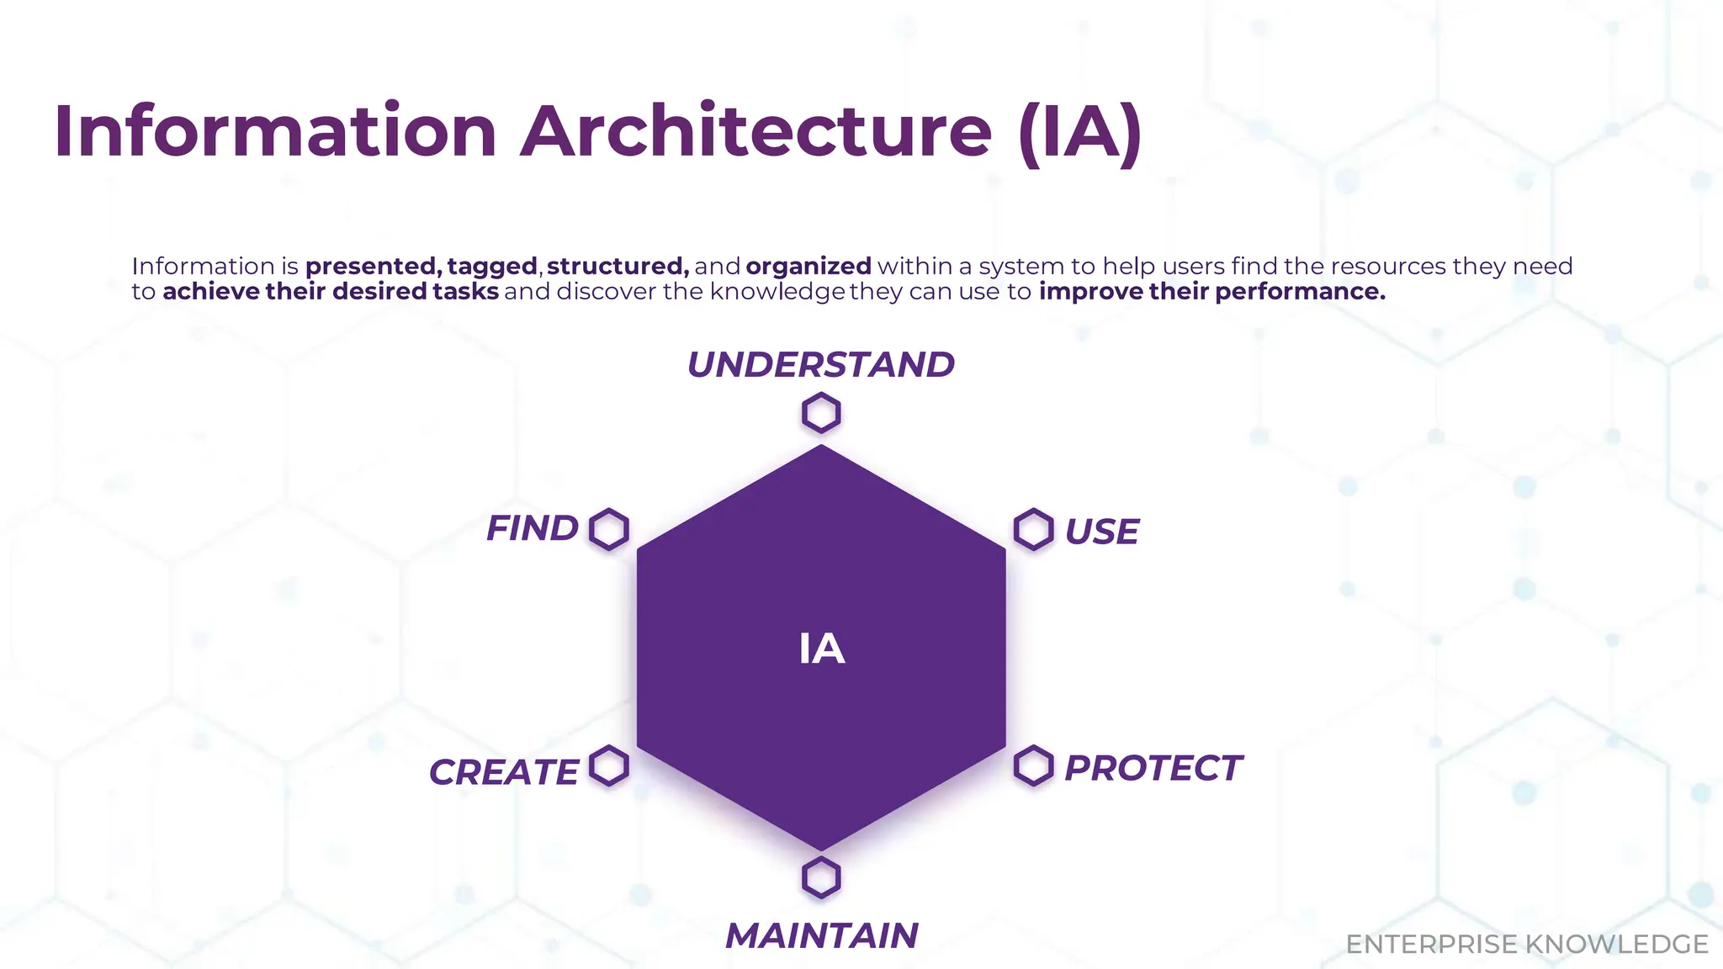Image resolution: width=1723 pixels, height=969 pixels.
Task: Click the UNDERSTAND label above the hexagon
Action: [x=820, y=365]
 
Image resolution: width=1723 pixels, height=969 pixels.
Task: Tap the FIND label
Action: [x=533, y=529]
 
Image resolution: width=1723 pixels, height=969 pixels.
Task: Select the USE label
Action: [x=1101, y=532]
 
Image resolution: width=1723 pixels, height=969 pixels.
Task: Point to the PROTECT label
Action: [x=1153, y=768]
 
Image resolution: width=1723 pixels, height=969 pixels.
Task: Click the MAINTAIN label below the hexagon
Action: [x=821, y=936]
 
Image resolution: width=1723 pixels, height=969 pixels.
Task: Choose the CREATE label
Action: [x=503, y=772]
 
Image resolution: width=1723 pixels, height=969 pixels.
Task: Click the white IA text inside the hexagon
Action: [x=821, y=649]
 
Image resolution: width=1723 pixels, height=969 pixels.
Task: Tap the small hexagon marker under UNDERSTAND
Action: [x=821, y=414]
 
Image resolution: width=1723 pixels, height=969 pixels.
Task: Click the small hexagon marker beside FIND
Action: [x=609, y=530]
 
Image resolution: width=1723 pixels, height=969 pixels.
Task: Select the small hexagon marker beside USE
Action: [x=1033, y=530]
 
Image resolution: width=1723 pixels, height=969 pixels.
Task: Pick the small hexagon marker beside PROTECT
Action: [x=1033, y=766]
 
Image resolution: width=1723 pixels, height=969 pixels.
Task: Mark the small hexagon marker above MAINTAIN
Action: [x=821, y=878]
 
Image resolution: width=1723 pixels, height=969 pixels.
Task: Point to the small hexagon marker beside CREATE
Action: [x=609, y=766]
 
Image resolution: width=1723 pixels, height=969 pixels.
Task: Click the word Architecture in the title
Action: [x=755, y=131]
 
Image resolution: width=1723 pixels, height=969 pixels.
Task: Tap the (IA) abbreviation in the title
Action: [x=1079, y=131]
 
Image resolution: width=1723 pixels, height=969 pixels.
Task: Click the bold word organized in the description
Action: [x=808, y=267]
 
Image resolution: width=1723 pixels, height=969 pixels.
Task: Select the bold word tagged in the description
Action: [x=492, y=267]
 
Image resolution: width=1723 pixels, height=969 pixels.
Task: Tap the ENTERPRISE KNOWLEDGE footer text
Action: [x=1526, y=945]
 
